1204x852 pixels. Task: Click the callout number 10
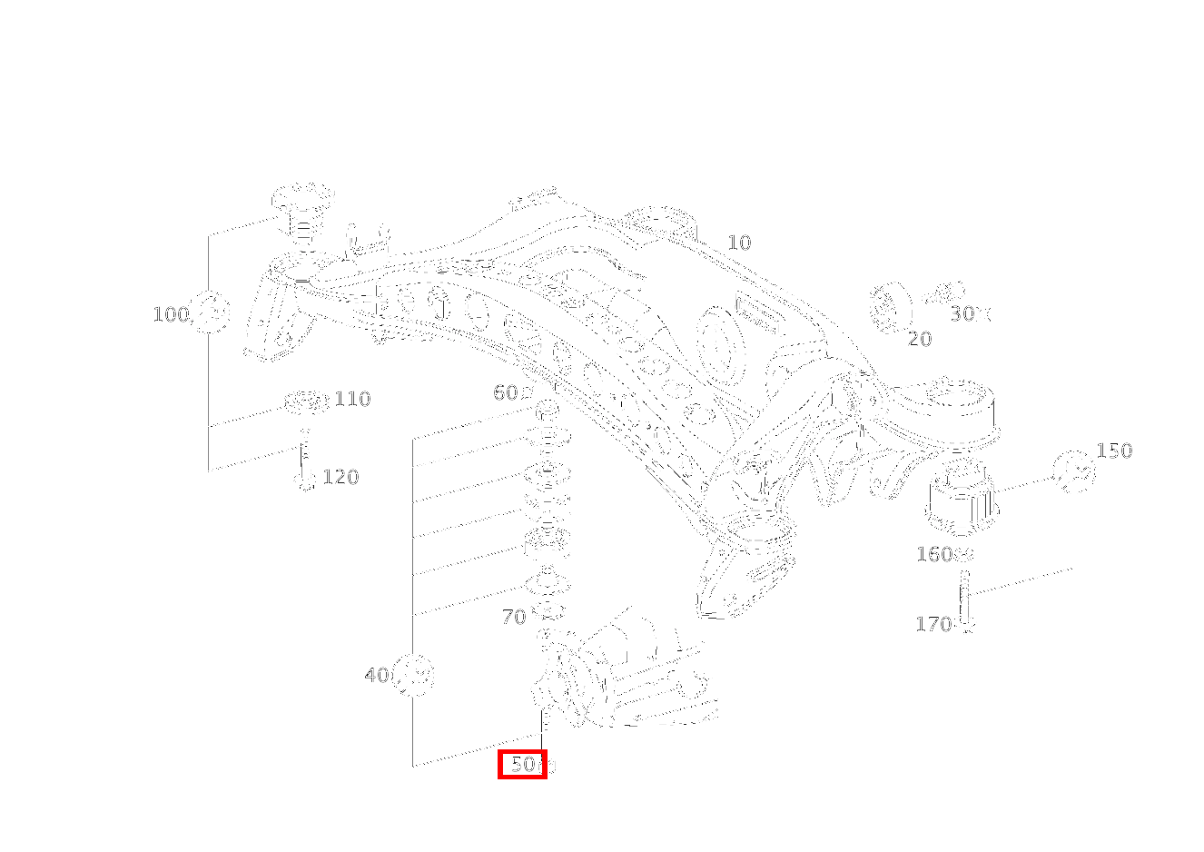tap(739, 243)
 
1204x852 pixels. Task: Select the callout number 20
tap(920, 339)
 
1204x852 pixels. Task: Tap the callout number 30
tap(963, 313)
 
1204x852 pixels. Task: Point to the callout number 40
tap(377, 675)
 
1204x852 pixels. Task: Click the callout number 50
tap(523, 765)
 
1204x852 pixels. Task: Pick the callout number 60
tap(506, 392)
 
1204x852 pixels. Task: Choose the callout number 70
tap(513, 618)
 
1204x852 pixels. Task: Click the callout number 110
tap(352, 399)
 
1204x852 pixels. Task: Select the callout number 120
tap(340, 477)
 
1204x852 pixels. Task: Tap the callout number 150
tap(1114, 451)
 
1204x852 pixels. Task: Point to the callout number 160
tap(933, 554)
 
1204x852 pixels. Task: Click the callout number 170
tap(933, 624)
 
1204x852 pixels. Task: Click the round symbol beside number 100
tap(212, 313)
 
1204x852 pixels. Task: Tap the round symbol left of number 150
tap(1074, 472)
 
